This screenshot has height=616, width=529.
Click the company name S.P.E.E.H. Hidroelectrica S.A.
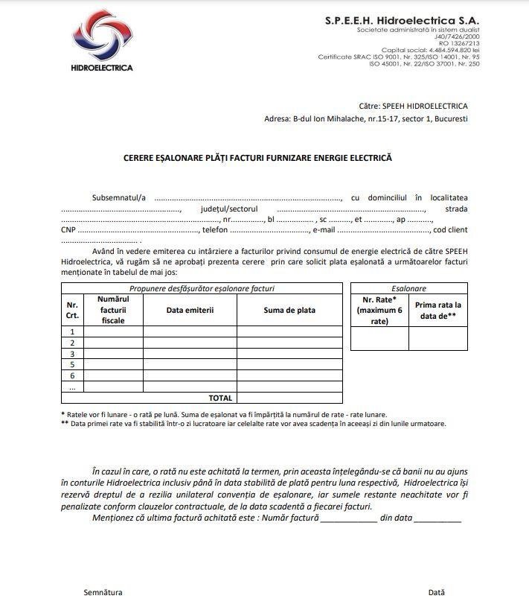(x=402, y=21)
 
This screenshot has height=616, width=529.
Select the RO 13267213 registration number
(x=461, y=43)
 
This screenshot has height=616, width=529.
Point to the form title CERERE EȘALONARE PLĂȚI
(x=257, y=158)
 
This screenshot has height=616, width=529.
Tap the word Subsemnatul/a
(x=119, y=197)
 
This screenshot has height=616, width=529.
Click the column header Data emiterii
(x=190, y=309)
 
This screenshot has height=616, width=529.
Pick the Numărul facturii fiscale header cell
(x=113, y=309)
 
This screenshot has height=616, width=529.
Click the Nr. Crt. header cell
(x=72, y=310)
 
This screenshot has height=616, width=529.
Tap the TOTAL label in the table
(x=220, y=398)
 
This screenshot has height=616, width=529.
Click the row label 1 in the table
(x=72, y=331)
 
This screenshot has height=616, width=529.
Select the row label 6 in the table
(x=72, y=376)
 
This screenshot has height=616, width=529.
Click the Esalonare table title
(x=408, y=288)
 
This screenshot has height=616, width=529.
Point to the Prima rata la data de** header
(x=437, y=310)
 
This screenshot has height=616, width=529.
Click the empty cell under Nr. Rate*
(x=379, y=338)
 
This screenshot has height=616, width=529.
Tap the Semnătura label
(x=103, y=592)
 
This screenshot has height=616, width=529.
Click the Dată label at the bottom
(x=436, y=592)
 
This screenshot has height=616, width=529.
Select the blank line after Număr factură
(x=348, y=518)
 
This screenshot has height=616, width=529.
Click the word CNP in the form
(x=68, y=230)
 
